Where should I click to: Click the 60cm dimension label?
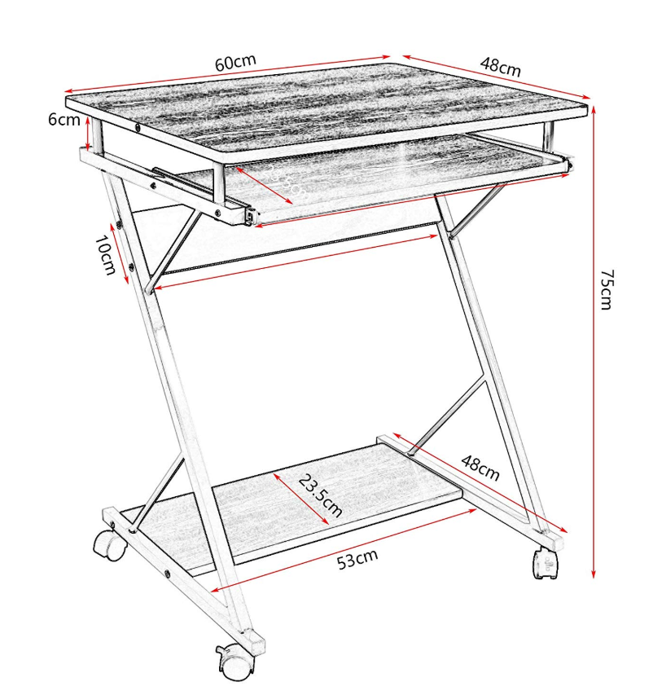(235, 62)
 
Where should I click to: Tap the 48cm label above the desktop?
(501, 67)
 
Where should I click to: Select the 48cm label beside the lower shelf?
(480, 468)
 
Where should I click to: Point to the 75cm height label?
(607, 289)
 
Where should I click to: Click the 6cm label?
(64, 120)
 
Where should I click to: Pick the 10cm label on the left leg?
(105, 255)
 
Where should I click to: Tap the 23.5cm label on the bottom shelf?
(320, 495)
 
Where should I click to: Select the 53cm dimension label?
(357, 559)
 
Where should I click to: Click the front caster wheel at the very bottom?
(234, 662)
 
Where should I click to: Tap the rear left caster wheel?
(108, 545)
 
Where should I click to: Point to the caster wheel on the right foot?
(546, 563)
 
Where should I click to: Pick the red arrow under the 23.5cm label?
(300, 499)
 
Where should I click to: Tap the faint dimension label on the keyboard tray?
(289, 183)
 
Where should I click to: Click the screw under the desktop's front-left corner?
(138, 129)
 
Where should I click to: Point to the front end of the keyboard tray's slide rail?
(251, 216)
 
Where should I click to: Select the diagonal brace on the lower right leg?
(449, 416)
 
